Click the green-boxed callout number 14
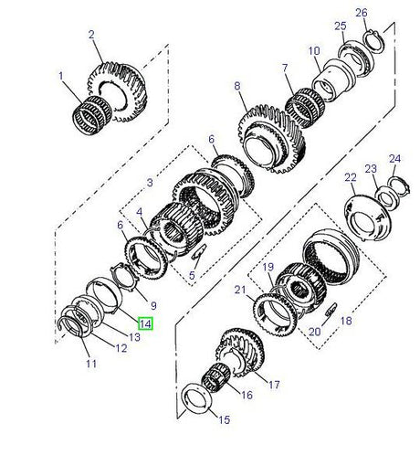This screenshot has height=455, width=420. click(x=145, y=322)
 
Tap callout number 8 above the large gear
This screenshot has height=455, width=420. click(x=237, y=86)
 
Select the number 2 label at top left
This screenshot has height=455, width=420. click(x=91, y=34)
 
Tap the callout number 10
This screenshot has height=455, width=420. click(x=313, y=51)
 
